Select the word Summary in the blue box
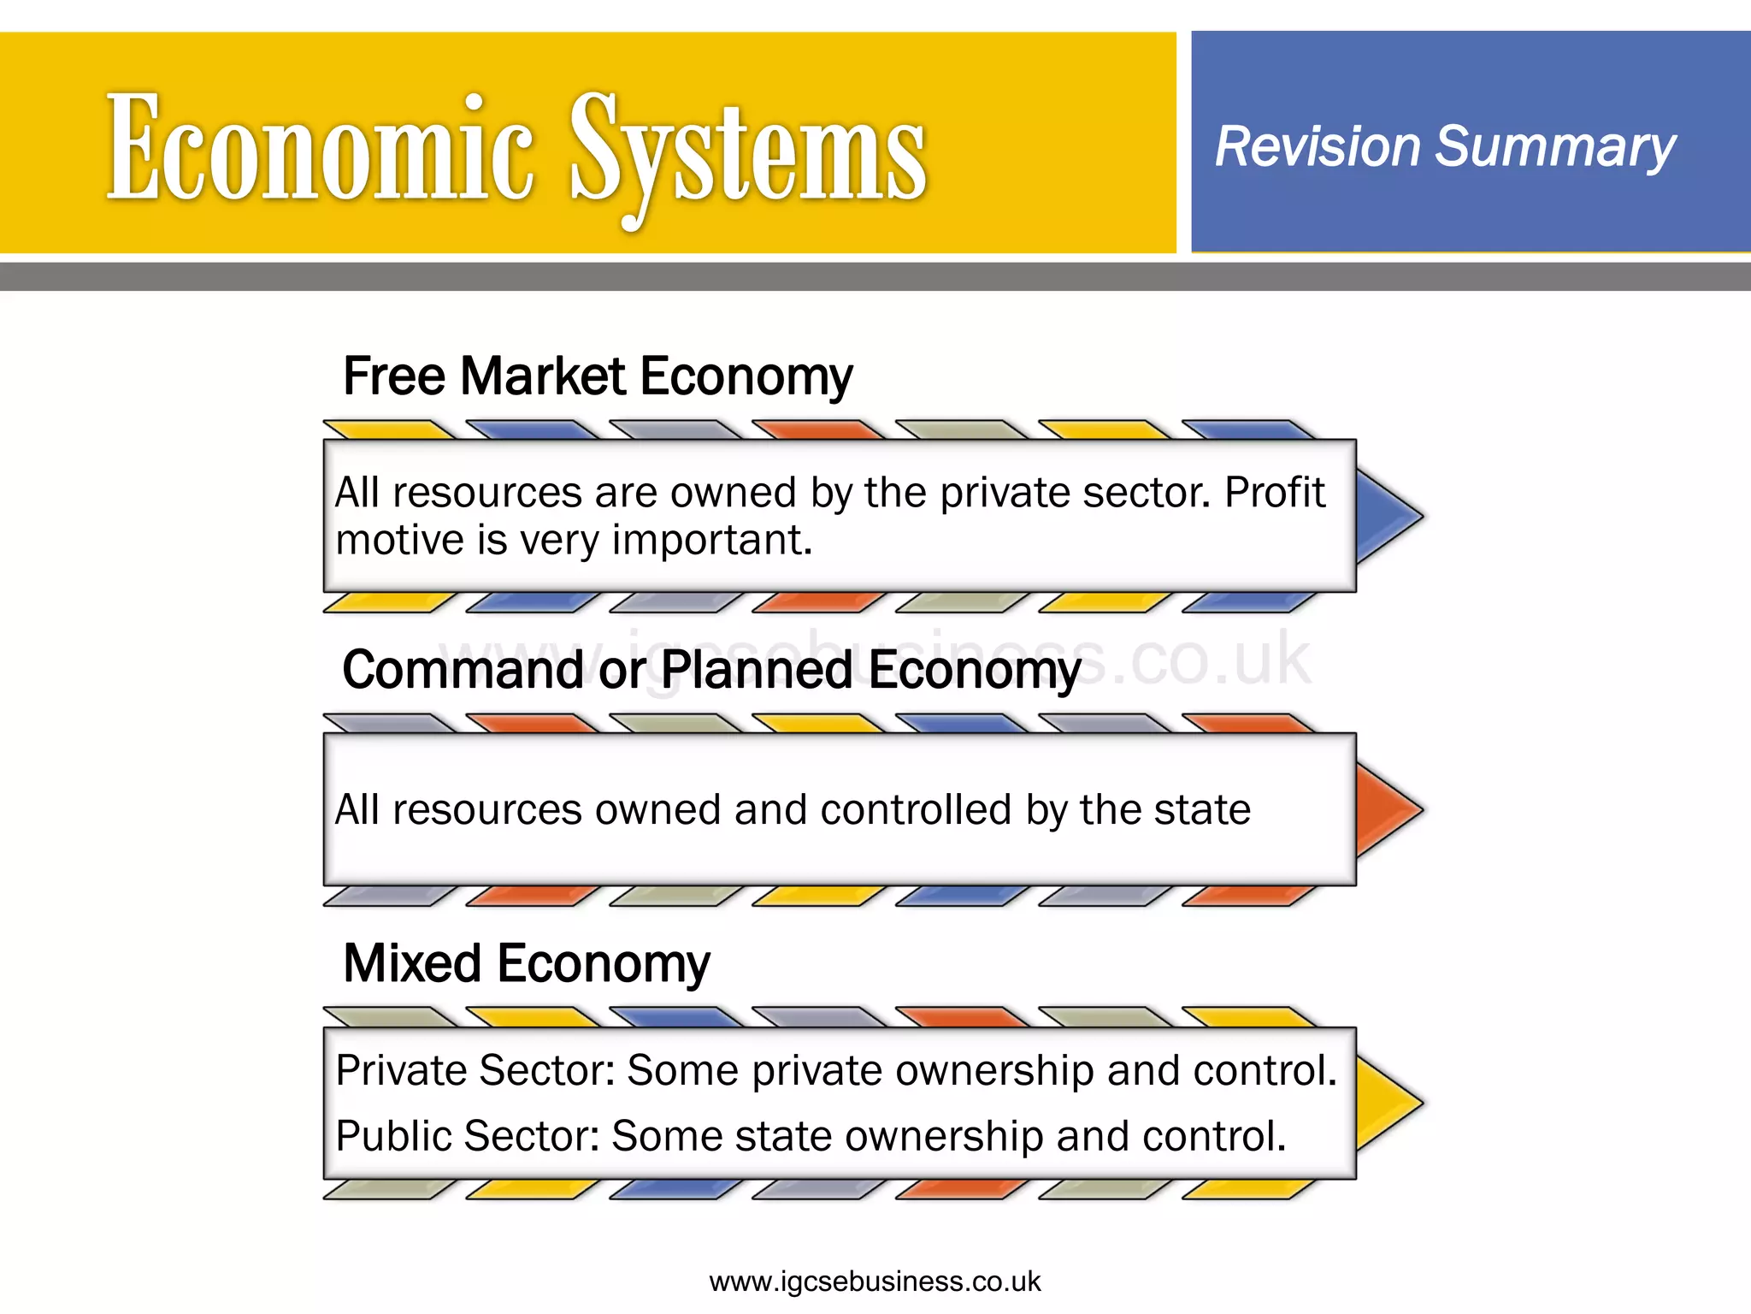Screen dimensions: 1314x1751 [x=1555, y=146]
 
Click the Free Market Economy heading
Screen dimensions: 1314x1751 [x=597, y=376]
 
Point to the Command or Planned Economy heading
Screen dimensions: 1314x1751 [x=711, y=670]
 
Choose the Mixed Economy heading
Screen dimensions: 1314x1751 [x=526, y=964]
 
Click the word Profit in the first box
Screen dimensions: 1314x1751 [x=1275, y=493]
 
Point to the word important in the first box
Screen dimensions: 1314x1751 [x=711, y=541]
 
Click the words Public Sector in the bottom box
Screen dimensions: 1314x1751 [x=467, y=1136]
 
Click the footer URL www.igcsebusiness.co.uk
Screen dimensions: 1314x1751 [x=875, y=1281]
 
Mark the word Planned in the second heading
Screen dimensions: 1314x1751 [x=756, y=670]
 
